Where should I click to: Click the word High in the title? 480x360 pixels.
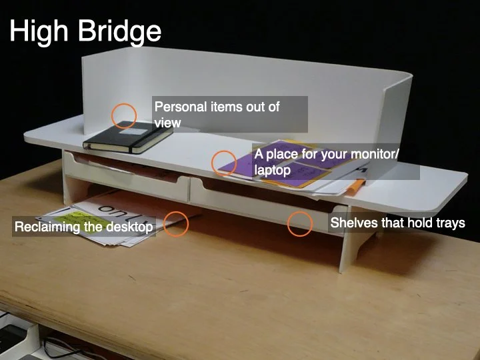point(39,31)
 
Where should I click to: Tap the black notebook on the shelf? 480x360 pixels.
point(127,137)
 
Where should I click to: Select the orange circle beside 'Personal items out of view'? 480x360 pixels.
point(123,116)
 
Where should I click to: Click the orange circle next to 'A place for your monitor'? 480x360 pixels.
point(224,163)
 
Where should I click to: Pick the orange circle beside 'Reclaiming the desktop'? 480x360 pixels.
point(177,223)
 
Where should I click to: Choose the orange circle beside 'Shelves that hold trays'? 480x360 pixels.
point(300,223)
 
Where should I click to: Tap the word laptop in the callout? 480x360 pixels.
point(272,170)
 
